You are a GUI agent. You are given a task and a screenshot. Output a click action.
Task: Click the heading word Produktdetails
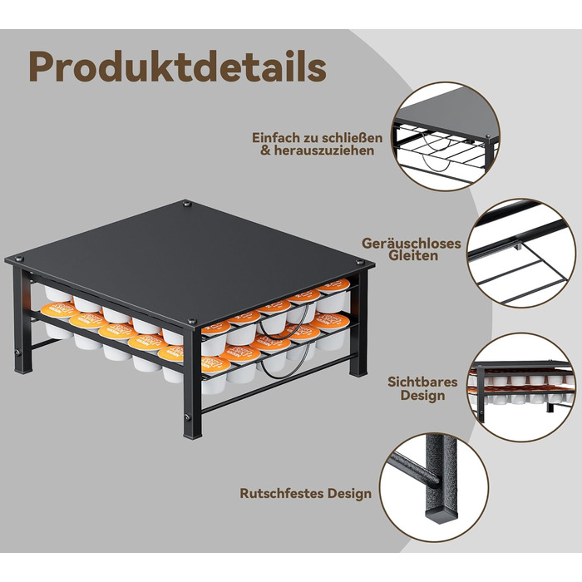(x=177, y=67)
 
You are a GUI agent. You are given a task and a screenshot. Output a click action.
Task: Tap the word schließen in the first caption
(x=352, y=138)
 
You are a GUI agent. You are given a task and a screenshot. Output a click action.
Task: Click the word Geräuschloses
(x=412, y=244)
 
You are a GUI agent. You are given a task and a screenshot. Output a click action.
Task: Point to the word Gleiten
(x=413, y=256)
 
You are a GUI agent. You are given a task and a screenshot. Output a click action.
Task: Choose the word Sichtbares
(x=422, y=382)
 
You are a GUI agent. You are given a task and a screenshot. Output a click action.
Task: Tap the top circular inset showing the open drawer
(x=446, y=136)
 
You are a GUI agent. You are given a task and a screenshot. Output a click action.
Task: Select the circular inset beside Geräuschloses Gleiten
(x=521, y=253)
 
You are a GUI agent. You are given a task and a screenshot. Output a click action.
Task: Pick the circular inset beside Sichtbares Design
(x=521, y=387)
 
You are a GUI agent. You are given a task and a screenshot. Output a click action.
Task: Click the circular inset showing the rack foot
(x=434, y=487)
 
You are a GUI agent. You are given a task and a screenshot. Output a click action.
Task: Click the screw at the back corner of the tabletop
(x=187, y=204)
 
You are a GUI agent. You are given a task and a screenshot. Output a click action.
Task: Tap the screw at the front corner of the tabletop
(x=192, y=321)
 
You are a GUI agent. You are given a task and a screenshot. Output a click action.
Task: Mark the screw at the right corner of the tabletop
(x=359, y=263)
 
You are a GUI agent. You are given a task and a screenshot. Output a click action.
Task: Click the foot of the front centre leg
(x=193, y=433)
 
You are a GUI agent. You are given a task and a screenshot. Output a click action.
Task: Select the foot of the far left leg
(x=23, y=368)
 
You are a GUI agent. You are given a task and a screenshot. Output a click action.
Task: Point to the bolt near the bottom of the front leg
(x=187, y=417)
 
